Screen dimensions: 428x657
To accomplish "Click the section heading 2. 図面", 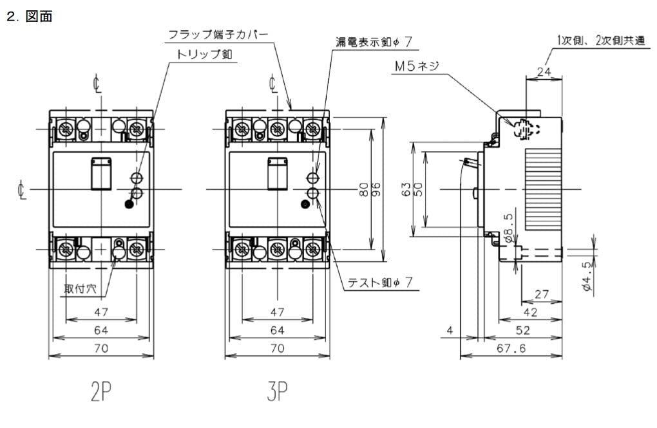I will tap(28, 18).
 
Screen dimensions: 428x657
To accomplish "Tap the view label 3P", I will tap(277, 391).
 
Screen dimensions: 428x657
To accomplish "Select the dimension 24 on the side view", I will tap(544, 73).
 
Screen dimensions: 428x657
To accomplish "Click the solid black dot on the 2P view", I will tap(129, 205).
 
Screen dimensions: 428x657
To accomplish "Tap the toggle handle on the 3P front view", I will tap(277, 174).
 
